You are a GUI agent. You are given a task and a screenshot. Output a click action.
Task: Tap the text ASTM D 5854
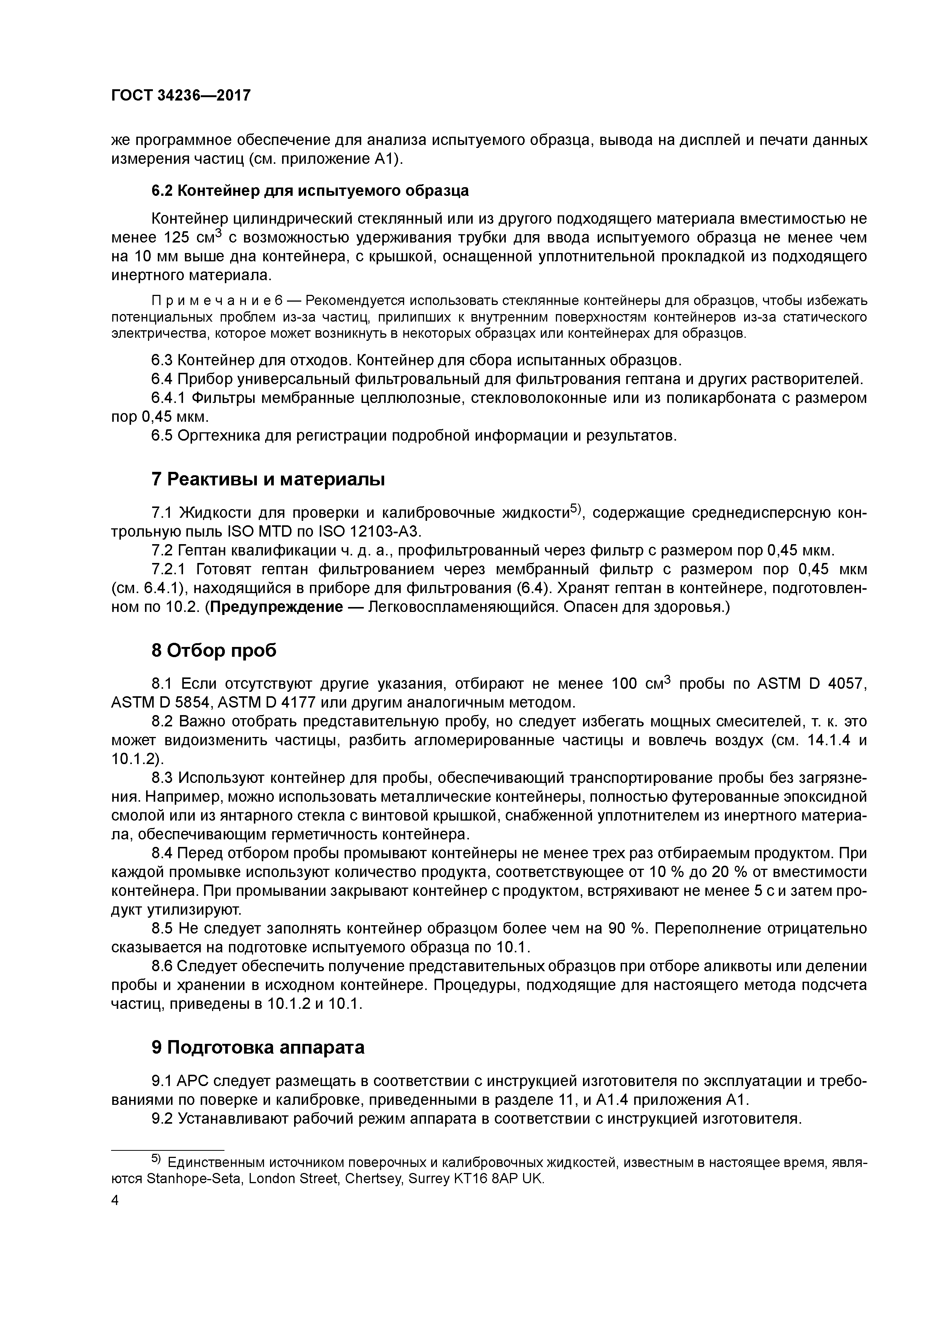click(x=160, y=703)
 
